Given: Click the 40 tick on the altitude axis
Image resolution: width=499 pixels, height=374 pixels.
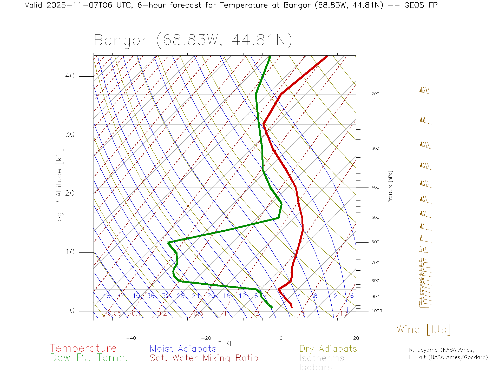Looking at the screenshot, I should coord(70,76).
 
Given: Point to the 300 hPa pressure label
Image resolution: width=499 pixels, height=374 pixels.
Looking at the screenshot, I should coord(375,149).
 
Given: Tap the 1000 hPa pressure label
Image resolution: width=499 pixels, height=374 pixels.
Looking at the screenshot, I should coord(377,311).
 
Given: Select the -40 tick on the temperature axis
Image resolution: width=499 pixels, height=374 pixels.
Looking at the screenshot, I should coord(131,338).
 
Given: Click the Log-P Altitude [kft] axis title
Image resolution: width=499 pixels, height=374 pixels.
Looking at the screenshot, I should coord(59,187).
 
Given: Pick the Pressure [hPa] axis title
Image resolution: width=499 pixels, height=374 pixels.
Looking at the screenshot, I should coord(390,186).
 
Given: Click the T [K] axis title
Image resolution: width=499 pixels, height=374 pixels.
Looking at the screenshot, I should coord(225,343).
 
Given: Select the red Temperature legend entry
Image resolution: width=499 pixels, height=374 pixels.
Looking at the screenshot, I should coord(83,348).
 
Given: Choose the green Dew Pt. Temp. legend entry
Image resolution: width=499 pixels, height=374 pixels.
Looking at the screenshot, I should coord(89,358).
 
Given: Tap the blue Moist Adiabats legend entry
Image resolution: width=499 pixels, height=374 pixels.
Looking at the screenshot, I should coord(183,349).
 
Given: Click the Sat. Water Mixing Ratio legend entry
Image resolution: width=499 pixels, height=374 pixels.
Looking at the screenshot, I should coord(204,358).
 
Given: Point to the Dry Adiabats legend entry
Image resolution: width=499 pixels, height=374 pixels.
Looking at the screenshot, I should coord(328,349).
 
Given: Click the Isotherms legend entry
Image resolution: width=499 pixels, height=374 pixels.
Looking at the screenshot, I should coord(321,358).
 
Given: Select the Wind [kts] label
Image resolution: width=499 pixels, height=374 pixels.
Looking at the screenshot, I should coord(423,329).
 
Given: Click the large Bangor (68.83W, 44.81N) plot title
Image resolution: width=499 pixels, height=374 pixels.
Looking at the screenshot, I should coord(193,40).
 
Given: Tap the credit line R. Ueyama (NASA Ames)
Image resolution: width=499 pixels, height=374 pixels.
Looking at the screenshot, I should coord(442,350).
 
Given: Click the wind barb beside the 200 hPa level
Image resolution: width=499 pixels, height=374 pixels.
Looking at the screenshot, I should coord(425,91).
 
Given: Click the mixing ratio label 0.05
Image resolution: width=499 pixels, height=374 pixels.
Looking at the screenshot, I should coord(114,313).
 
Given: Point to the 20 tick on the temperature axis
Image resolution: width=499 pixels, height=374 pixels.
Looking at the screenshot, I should coord(356,338).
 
